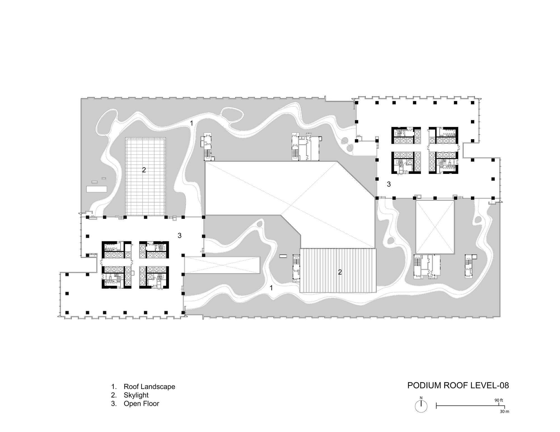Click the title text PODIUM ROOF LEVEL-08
coord(458,385)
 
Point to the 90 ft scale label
coord(499,400)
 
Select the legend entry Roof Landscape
coord(150,387)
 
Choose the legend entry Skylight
coord(136,395)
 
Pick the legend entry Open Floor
coord(141,403)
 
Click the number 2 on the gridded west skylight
coord(144,170)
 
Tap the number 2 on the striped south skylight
coord(340,272)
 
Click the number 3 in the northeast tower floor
coord(389,184)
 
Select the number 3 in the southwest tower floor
coord(179,236)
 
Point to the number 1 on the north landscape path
coord(192,123)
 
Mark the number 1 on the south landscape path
coord(271,287)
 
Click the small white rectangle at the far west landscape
coord(97,189)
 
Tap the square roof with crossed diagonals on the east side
coord(435,227)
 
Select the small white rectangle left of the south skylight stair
coord(283,256)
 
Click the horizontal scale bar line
coord(470,406)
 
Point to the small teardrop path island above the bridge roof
coord(260,224)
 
